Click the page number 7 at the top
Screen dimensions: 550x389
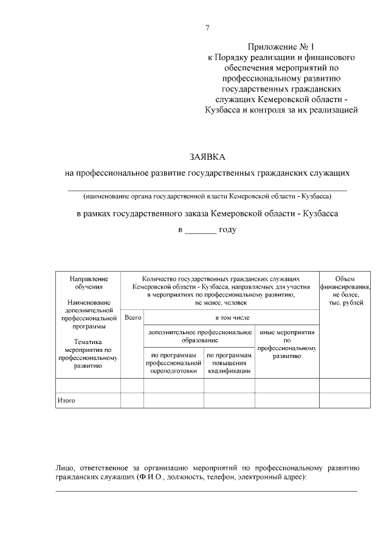tap(207, 28)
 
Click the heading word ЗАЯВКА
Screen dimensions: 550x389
tap(207, 157)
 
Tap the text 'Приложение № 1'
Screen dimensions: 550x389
tap(282, 47)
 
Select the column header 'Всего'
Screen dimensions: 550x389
tap(132, 317)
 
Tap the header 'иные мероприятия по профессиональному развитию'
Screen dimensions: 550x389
tap(287, 345)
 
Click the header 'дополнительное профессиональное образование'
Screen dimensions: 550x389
tap(199, 337)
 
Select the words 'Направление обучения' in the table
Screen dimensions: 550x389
tap(88, 282)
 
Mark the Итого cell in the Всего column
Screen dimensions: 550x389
tap(132, 401)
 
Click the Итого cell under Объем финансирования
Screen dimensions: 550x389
tap(345, 401)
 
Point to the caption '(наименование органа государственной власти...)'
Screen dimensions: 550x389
tap(207, 197)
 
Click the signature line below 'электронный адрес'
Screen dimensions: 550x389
tap(207, 490)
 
